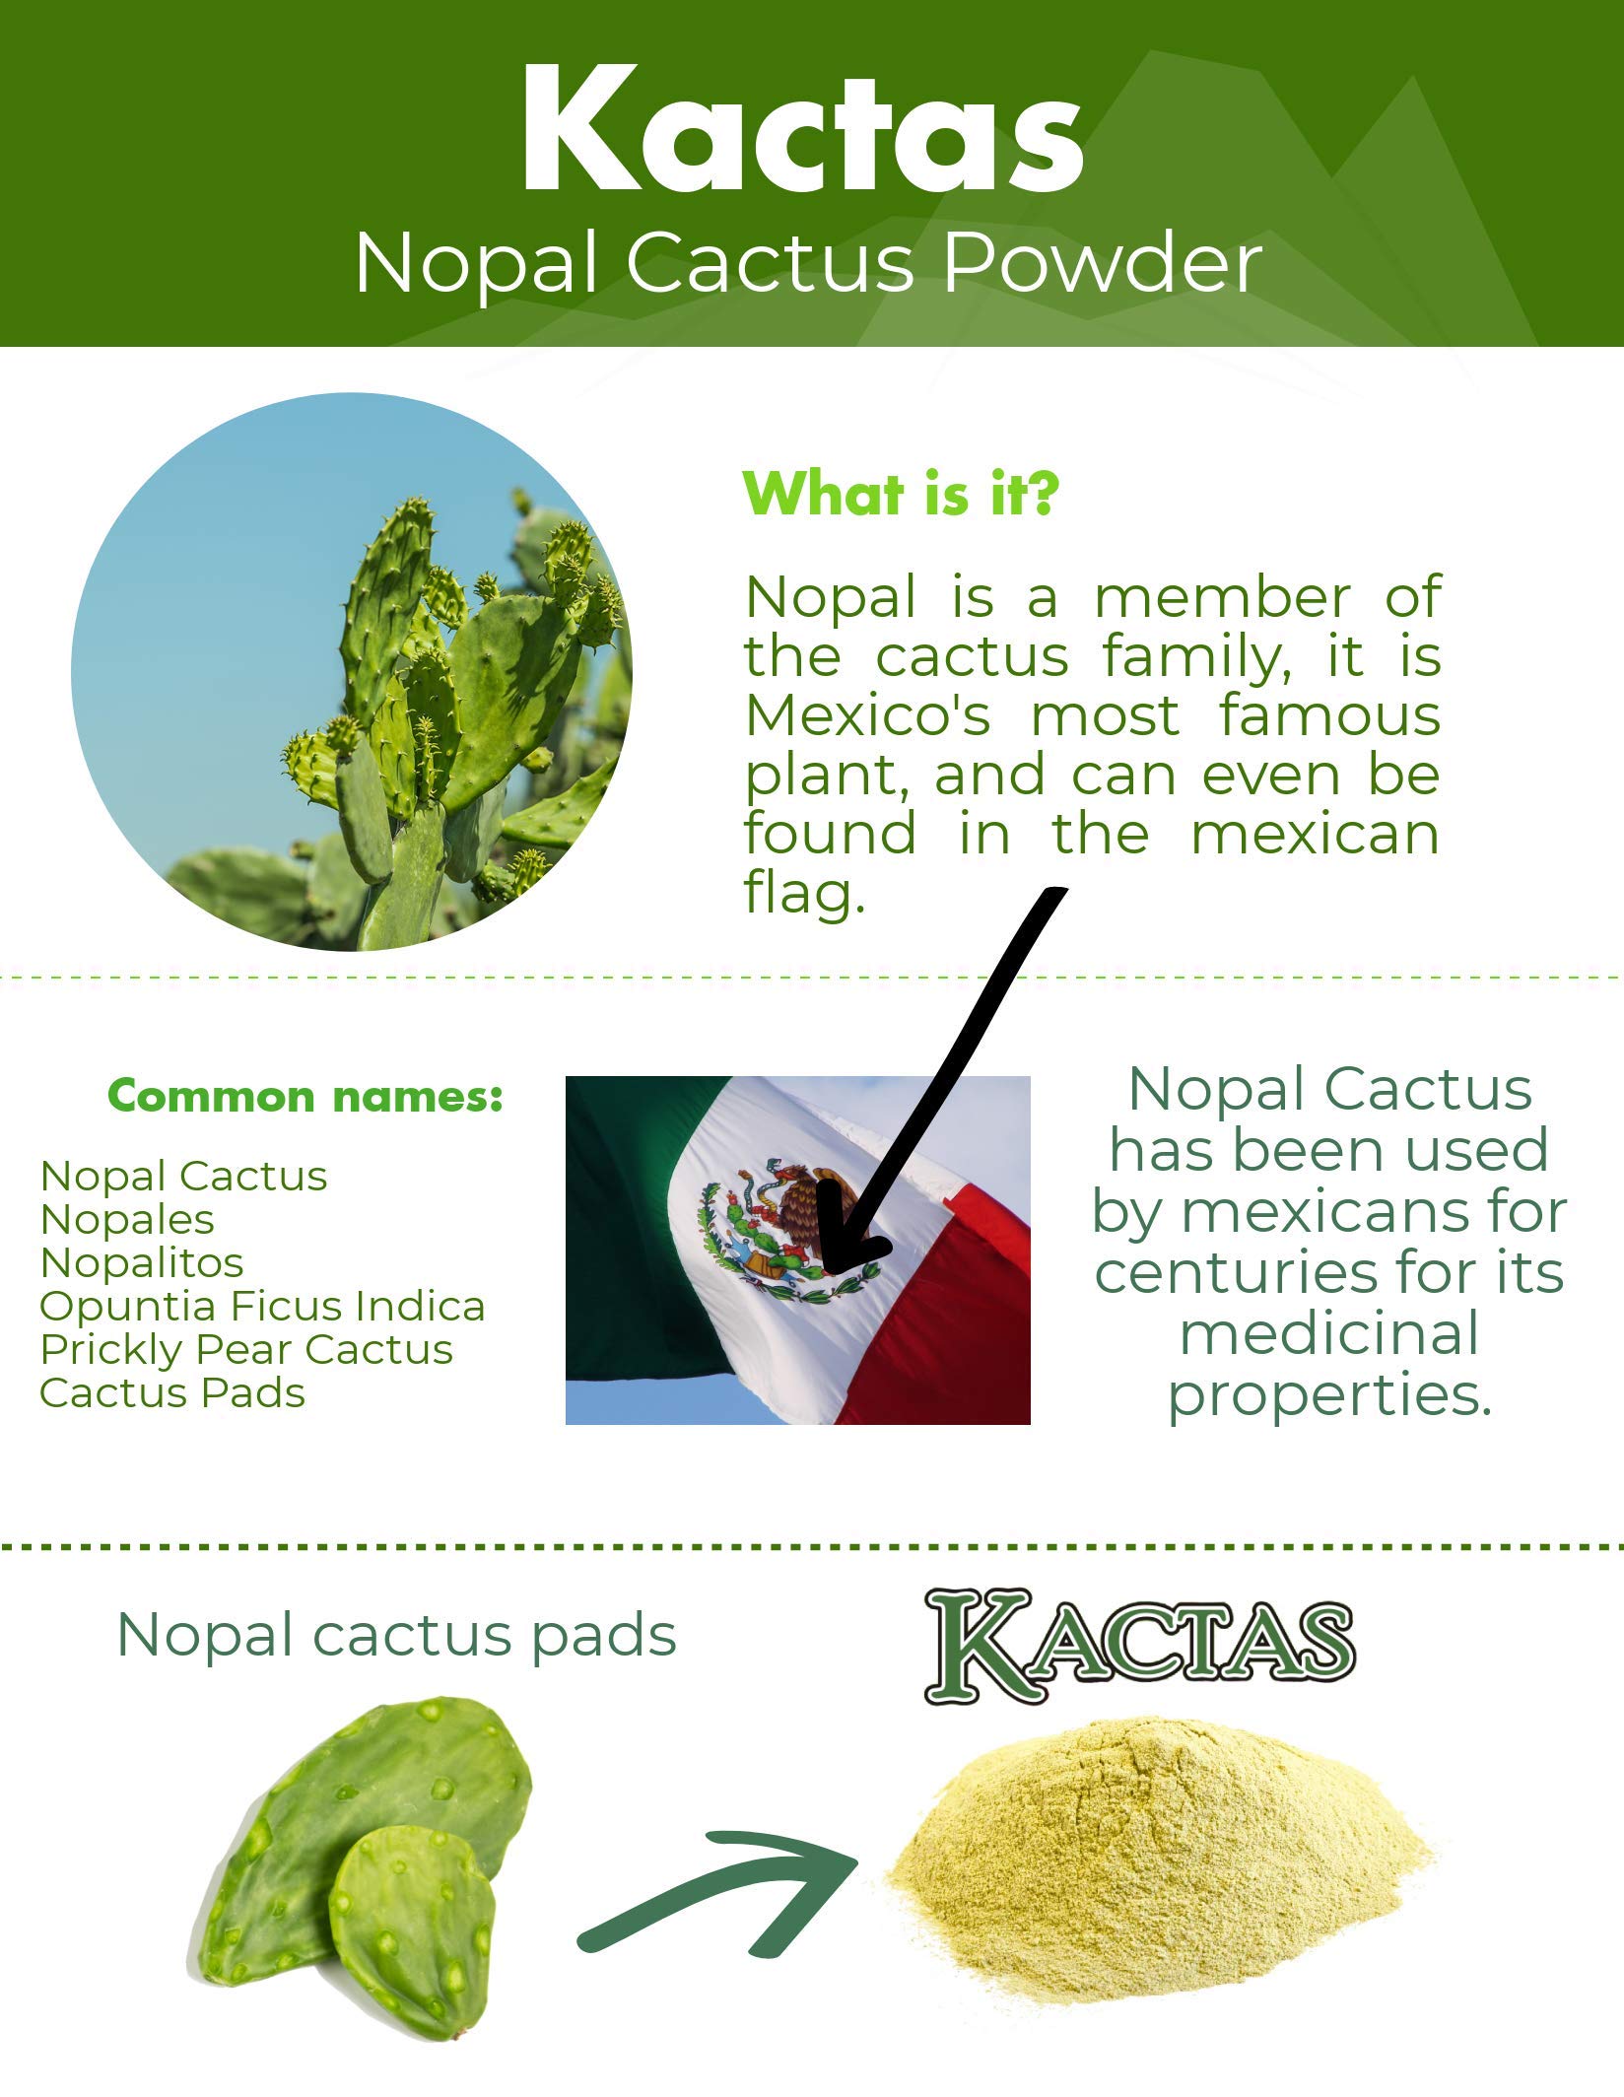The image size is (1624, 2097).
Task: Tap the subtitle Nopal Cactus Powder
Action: (x=808, y=264)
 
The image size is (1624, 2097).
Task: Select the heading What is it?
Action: (x=900, y=494)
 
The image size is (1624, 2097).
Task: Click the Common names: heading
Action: (x=305, y=1096)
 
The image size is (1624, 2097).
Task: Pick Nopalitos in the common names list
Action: (x=142, y=1262)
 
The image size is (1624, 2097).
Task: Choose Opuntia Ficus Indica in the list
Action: (x=262, y=1306)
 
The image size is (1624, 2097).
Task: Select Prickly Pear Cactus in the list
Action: (x=246, y=1349)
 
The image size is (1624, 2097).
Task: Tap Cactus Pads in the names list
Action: (x=172, y=1392)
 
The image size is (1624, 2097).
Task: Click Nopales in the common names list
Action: (x=127, y=1219)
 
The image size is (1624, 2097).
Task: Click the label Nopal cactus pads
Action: (x=396, y=1636)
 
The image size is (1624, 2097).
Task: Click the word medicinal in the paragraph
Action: (x=1329, y=1333)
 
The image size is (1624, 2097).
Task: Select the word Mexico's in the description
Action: (x=867, y=715)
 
